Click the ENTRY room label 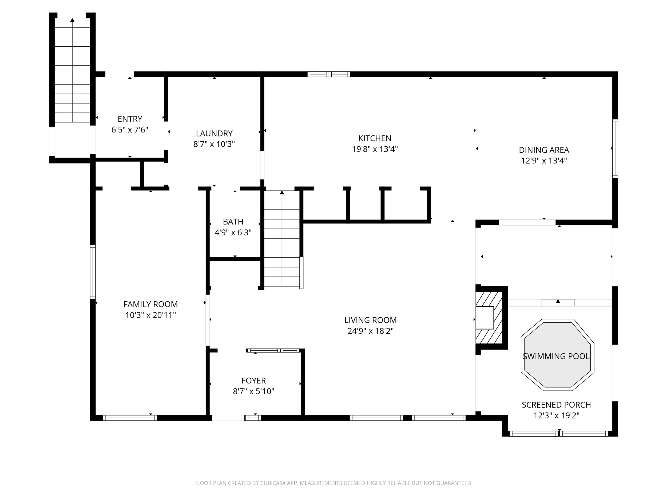[130, 119]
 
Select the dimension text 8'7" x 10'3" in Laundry [214, 144]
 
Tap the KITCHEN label [375, 138]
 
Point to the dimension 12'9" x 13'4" [544, 161]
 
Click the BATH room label [233, 222]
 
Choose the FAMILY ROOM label [150, 305]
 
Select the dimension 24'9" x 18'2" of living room [371, 331]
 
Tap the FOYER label [253, 381]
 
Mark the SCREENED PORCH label [556, 405]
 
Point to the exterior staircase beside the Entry [72, 71]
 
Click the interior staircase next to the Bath [282, 238]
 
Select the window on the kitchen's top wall [329, 74]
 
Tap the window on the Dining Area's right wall [615, 148]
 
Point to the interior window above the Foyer [273, 350]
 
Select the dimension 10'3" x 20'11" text [150, 315]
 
